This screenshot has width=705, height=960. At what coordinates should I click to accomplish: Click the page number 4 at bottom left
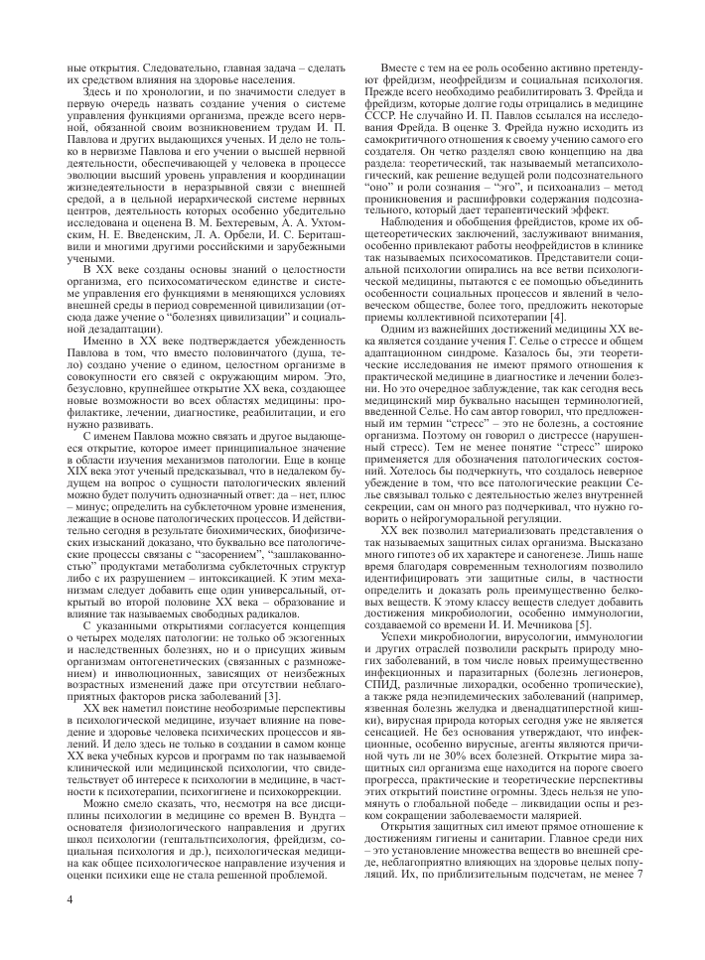pos(70,899)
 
